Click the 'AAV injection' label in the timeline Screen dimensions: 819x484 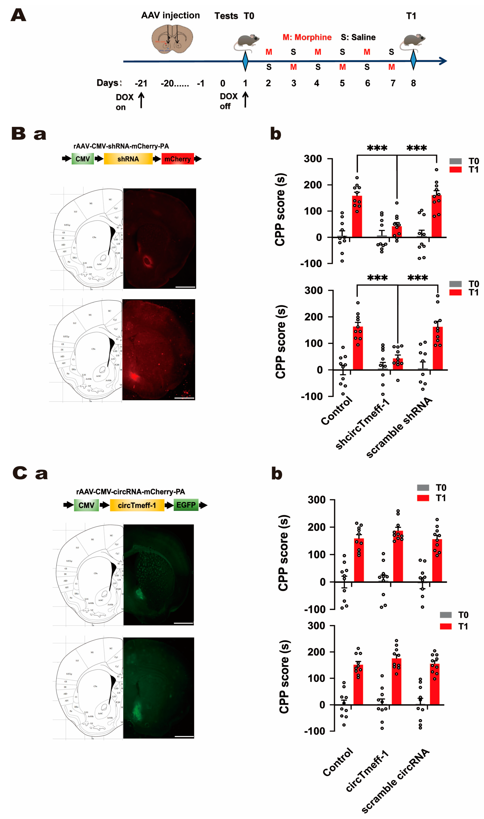[x=170, y=15]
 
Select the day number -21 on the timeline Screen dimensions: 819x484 [x=141, y=83]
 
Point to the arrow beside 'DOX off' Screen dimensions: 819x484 [x=245, y=99]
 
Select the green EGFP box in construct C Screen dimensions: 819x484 [x=186, y=505]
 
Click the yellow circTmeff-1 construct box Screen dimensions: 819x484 [x=137, y=505]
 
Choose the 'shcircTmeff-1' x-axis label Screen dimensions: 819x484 [x=362, y=424]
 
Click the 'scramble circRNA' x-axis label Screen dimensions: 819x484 [x=395, y=781]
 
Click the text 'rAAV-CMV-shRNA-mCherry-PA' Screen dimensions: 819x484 [x=121, y=146]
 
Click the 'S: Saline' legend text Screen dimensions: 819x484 [x=358, y=37]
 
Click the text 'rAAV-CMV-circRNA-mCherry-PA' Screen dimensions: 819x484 [x=130, y=492]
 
